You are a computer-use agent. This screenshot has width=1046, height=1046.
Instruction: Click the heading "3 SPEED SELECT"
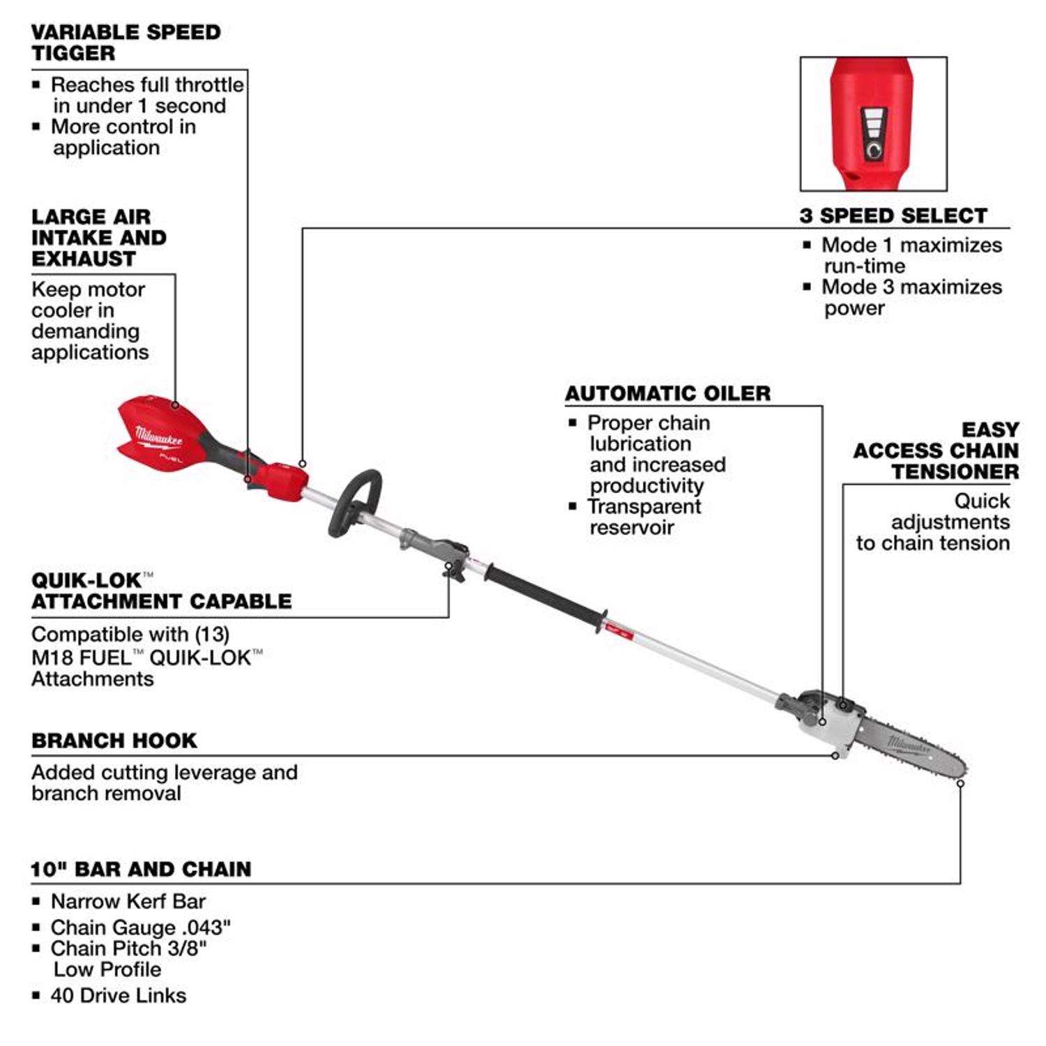pyautogui.click(x=893, y=215)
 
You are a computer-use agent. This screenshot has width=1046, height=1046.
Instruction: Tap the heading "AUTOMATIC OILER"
pyautogui.click(x=667, y=393)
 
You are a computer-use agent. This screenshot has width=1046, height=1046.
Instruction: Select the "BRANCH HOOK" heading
pyautogui.click(x=114, y=741)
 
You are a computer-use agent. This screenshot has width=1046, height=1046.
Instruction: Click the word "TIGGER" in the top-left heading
pyautogui.click(x=73, y=53)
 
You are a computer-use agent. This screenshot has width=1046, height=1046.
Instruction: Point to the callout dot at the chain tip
pyautogui.click(x=960, y=783)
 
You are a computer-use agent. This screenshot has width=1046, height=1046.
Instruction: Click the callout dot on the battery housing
pyautogui.click(x=175, y=405)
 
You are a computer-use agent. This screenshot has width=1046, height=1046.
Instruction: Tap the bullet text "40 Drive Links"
pyautogui.click(x=118, y=995)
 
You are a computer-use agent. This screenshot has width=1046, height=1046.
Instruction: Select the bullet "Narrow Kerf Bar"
pyautogui.click(x=128, y=901)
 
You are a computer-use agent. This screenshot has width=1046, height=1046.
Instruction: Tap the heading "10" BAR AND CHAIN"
pyautogui.click(x=141, y=869)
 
